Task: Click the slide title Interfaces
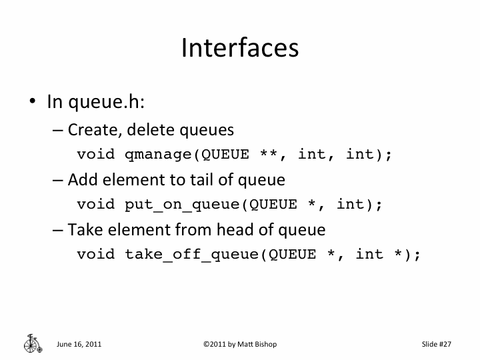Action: [x=239, y=48]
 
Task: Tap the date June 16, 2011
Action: [x=79, y=344]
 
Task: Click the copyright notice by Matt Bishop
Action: [x=239, y=344]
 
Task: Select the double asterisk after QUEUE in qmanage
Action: [x=269, y=154]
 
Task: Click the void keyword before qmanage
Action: [x=96, y=154]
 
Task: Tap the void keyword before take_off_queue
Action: [x=96, y=254]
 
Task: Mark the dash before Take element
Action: [x=58, y=230]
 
